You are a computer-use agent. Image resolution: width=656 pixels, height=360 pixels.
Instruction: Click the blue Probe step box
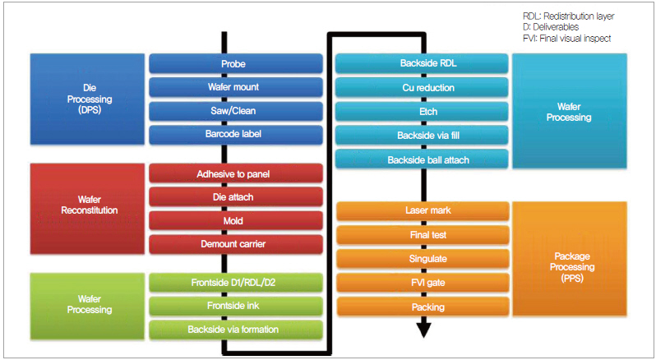234,64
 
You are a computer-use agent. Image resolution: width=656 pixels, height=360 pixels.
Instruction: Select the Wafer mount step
234,87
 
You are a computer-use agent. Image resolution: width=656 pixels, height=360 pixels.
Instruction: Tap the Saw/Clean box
234,110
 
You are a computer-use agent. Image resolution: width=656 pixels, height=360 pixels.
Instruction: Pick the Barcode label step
234,133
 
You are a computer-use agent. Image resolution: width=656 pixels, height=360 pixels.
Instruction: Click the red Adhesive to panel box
234,174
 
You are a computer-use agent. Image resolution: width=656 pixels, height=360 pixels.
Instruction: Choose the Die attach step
234,197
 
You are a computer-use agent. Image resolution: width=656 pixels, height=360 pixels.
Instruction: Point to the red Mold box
234,220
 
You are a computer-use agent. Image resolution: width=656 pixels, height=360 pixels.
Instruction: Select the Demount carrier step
234,243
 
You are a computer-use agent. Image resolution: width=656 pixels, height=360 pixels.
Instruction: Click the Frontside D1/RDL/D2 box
234,284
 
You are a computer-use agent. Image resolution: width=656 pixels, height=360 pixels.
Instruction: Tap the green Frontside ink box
234,307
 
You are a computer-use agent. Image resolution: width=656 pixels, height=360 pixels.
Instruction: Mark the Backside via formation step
234,330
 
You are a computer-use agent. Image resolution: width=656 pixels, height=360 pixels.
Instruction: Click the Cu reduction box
423,88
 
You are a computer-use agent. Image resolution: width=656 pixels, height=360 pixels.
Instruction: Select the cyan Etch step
423,111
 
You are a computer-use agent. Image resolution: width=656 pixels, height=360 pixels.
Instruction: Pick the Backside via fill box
423,136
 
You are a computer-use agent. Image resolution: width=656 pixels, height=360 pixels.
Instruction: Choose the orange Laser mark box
423,211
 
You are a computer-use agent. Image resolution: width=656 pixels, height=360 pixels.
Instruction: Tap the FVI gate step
423,284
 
